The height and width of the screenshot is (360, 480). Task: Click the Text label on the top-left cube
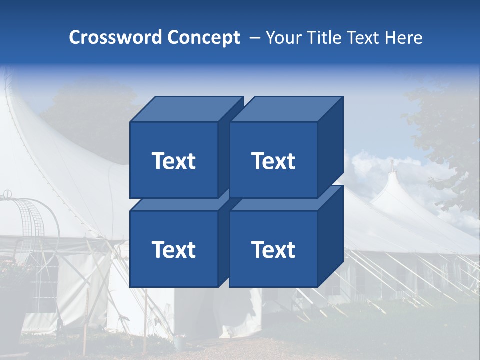tap(173, 161)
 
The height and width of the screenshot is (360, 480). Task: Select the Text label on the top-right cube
tap(273, 161)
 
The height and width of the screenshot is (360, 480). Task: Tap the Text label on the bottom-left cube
tap(173, 250)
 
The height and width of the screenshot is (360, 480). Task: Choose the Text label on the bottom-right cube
tap(273, 250)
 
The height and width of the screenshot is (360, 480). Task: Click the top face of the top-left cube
tap(185, 109)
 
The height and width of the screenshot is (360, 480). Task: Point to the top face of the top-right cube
tap(285, 109)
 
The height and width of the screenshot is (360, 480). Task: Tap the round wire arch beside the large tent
tap(30, 215)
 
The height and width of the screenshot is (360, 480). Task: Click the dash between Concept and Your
tap(254, 38)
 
